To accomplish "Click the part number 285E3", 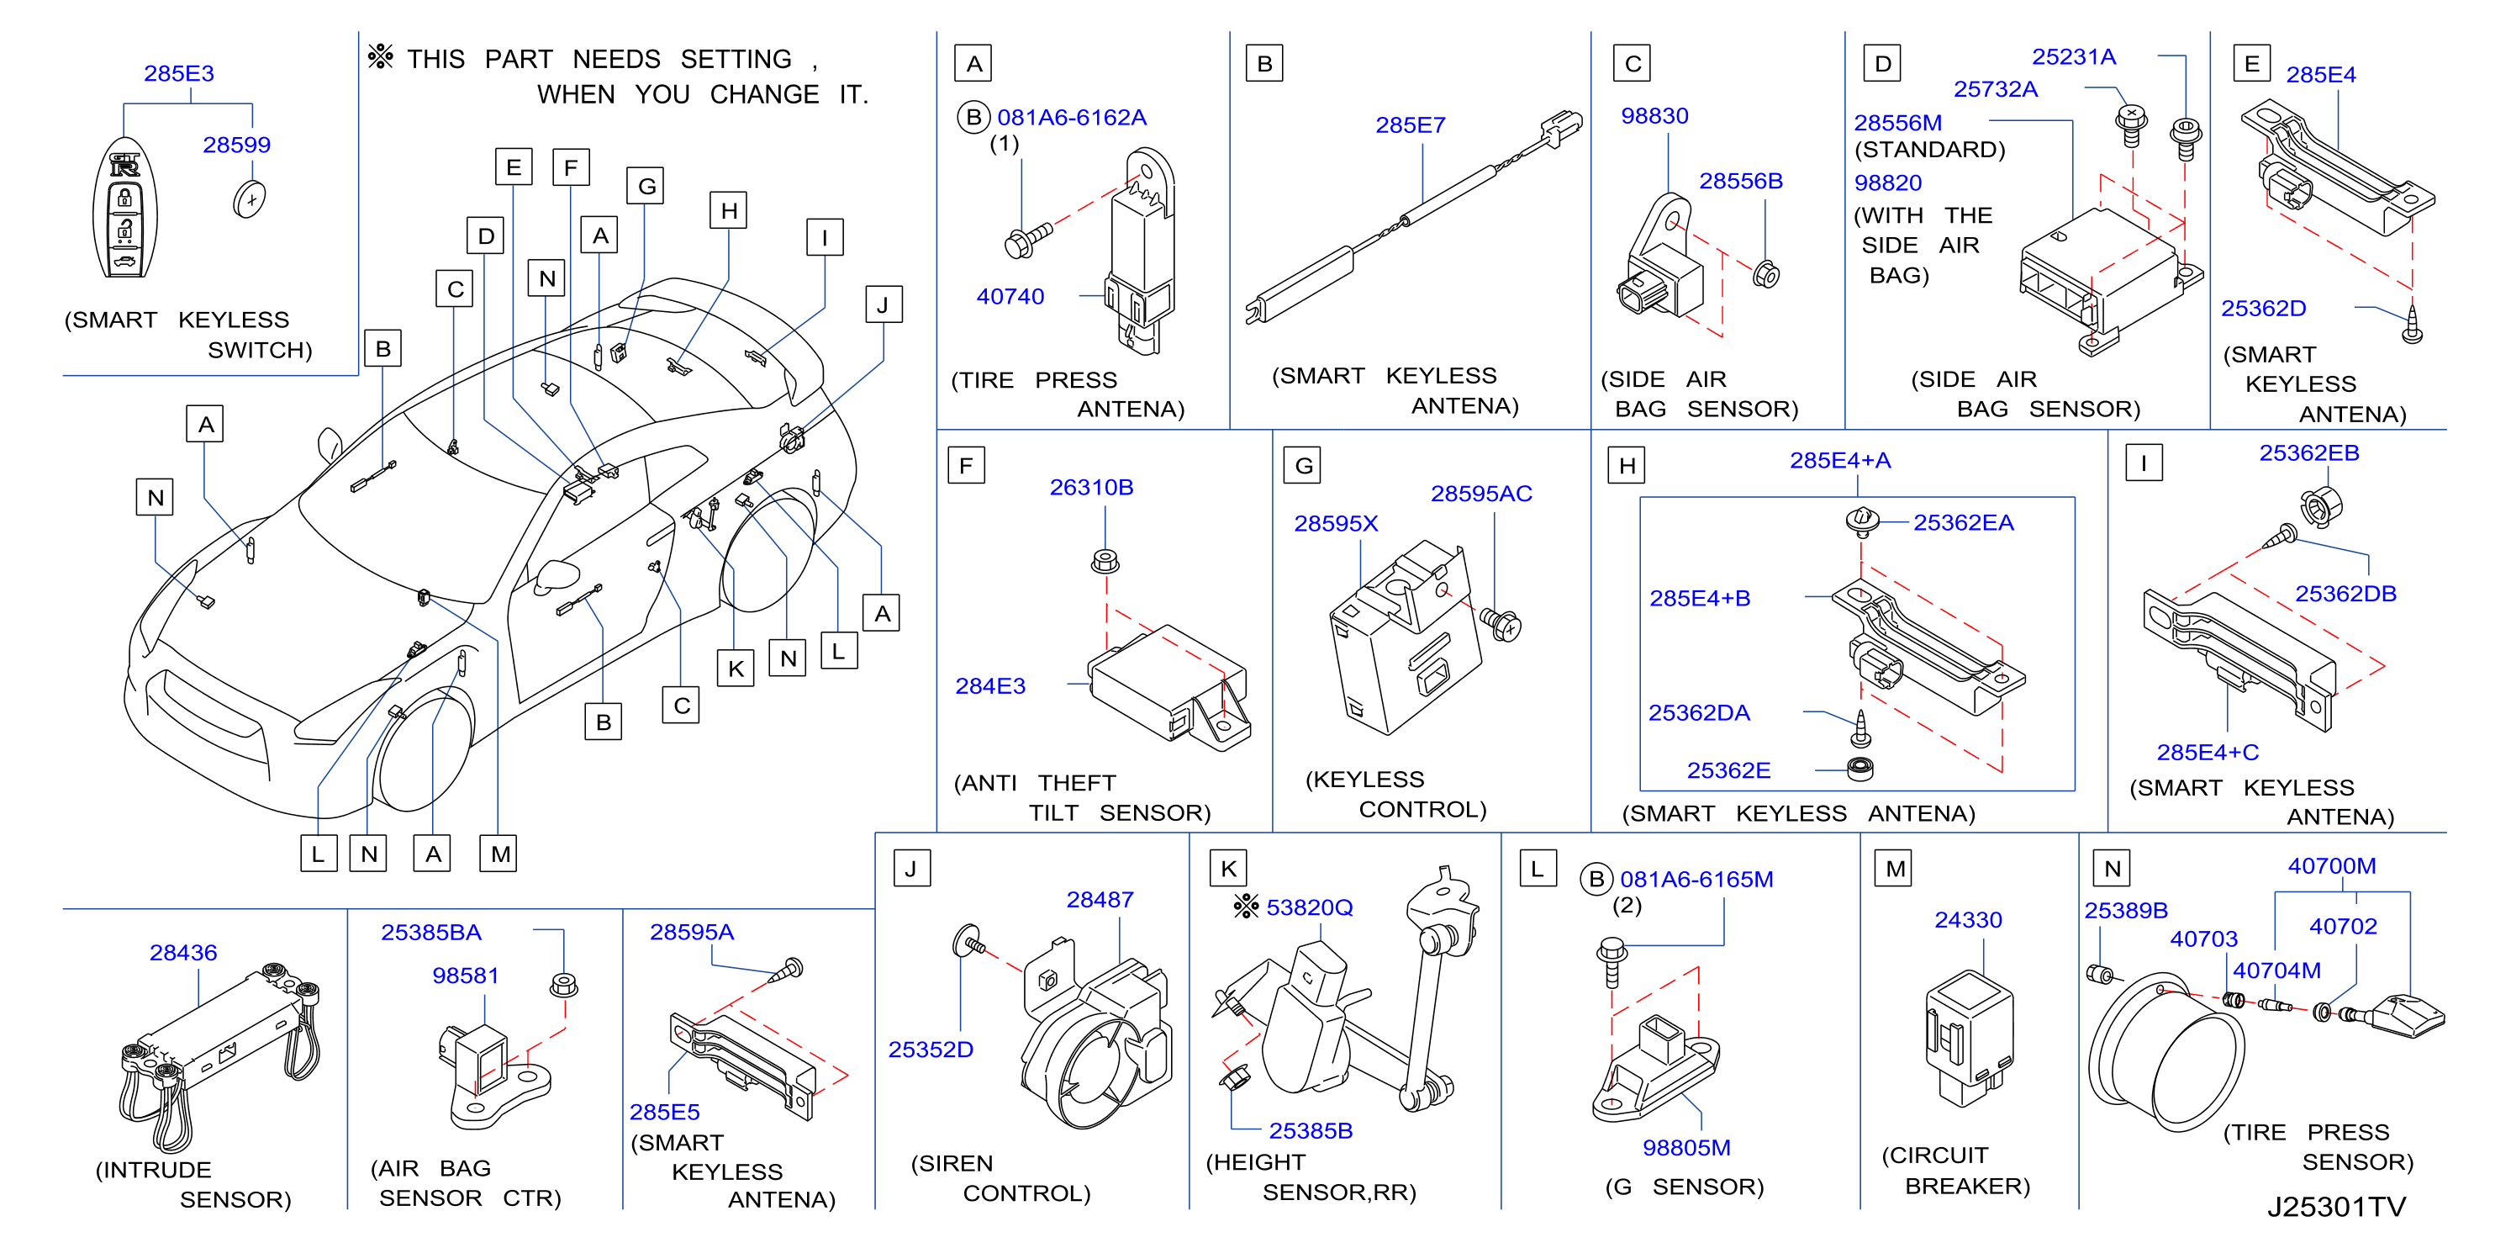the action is tap(179, 73).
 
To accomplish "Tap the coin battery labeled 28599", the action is tap(250, 200).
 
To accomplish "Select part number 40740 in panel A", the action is tap(1010, 296).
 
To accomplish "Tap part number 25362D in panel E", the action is tap(2263, 308).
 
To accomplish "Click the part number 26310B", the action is tap(1092, 487).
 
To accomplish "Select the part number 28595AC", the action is tap(1480, 494).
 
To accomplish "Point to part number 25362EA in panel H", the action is tap(1963, 522).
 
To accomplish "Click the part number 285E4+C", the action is tap(2208, 752).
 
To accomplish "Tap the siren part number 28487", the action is tap(1100, 899).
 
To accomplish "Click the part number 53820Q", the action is tap(1309, 907).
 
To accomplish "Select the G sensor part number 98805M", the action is tap(1686, 1148).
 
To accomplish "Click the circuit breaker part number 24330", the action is tap(1968, 919).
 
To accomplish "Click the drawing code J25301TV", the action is tap(2336, 1207).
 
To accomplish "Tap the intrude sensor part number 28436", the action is tap(183, 953).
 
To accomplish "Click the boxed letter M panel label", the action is tap(1895, 868).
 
